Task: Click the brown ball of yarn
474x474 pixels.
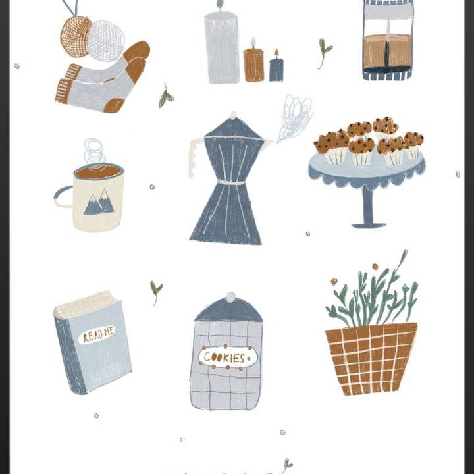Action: pos(75,36)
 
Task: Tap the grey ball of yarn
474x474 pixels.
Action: pos(107,40)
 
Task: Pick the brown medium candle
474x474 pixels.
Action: pos(253,65)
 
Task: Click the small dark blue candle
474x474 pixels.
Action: pos(276,69)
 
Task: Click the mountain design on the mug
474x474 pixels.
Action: pos(99,203)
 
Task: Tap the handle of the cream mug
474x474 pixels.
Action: pos(62,197)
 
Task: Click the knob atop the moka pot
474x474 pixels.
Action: pos(232,116)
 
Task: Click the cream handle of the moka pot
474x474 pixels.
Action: pos(194,158)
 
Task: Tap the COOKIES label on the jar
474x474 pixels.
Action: pos(228,357)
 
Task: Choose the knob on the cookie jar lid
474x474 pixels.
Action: pos(230,297)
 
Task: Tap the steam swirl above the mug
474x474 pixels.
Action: pos(94,152)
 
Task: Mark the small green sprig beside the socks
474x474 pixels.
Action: pos(165,97)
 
